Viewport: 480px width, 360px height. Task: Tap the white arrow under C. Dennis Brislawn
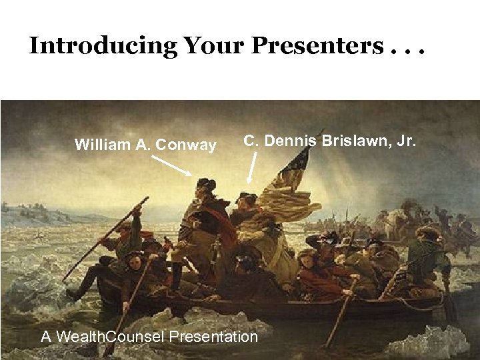tap(252, 169)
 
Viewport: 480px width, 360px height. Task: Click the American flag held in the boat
tap(290, 177)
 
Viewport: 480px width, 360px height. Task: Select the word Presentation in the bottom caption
tap(213, 337)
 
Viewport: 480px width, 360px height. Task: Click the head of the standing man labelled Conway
tap(204, 185)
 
